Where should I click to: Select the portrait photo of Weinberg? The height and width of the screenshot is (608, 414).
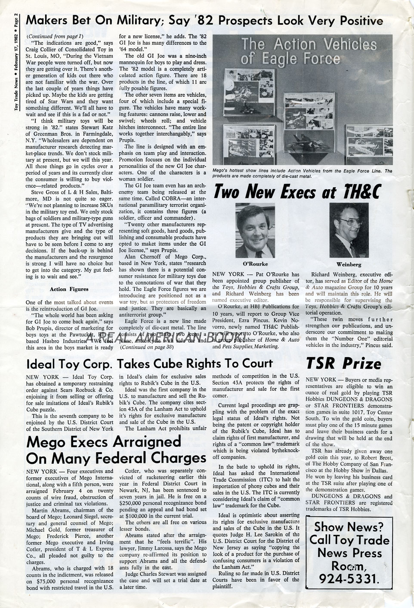click(348, 230)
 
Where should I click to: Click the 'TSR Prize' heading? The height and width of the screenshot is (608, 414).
click(343, 364)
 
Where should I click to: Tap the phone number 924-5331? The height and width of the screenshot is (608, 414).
click(349, 579)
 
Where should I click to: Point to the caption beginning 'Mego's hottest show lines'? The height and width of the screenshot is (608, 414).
click(301, 173)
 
